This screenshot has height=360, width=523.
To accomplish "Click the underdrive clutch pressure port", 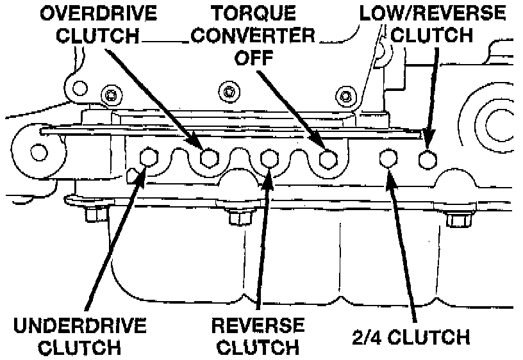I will [x=148, y=156].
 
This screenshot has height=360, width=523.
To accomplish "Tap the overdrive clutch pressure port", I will [x=208, y=157].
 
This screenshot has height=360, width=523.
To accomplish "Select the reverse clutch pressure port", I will [x=269, y=158].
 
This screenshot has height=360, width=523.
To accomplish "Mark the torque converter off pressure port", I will [x=329, y=158].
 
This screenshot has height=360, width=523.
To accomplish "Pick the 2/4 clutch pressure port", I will [x=388, y=157].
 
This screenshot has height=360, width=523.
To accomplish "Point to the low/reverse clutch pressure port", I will [x=428, y=157].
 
